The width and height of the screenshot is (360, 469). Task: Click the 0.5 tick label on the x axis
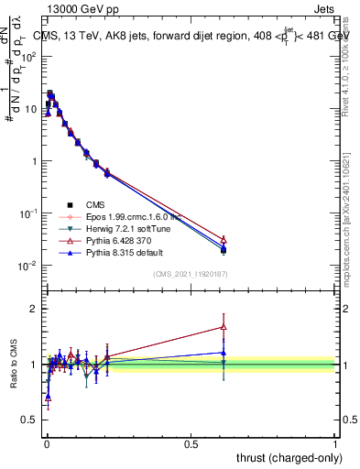tap(191, 443)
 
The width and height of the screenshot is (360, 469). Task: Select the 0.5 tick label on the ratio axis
tap(29, 420)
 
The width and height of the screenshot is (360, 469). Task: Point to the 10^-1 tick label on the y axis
tap(27, 213)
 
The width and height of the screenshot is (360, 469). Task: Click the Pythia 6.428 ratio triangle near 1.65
tap(224, 326)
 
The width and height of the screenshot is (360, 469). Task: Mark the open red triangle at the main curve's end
tap(224, 239)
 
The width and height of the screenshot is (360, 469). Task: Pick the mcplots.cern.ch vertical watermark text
tap(349, 211)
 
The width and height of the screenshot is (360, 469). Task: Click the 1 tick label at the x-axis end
tap(335, 443)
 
